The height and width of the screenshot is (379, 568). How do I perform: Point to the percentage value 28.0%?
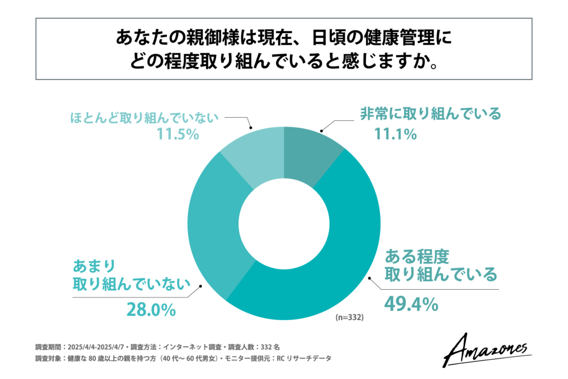(151, 309)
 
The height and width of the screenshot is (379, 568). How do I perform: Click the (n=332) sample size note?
(350, 318)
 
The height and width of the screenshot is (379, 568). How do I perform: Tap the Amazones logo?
(488, 348)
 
